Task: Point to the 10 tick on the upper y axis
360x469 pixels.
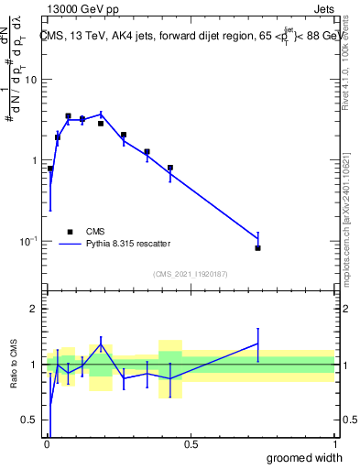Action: (x=33, y=80)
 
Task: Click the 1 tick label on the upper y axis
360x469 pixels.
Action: (x=36, y=160)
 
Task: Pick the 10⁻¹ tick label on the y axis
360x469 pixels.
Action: (x=30, y=241)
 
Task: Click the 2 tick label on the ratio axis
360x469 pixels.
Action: (x=36, y=309)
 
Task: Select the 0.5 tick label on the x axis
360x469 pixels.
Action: (x=190, y=444)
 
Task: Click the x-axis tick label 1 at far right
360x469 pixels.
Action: (x=333, y=444)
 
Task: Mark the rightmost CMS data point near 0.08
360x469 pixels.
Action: (x=258, y=248)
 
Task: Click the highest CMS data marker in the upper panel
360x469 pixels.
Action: (x=68, y=116)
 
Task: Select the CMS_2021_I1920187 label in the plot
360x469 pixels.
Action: (x=190, y=274)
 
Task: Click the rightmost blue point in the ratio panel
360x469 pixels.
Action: (x=258, y=344)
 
